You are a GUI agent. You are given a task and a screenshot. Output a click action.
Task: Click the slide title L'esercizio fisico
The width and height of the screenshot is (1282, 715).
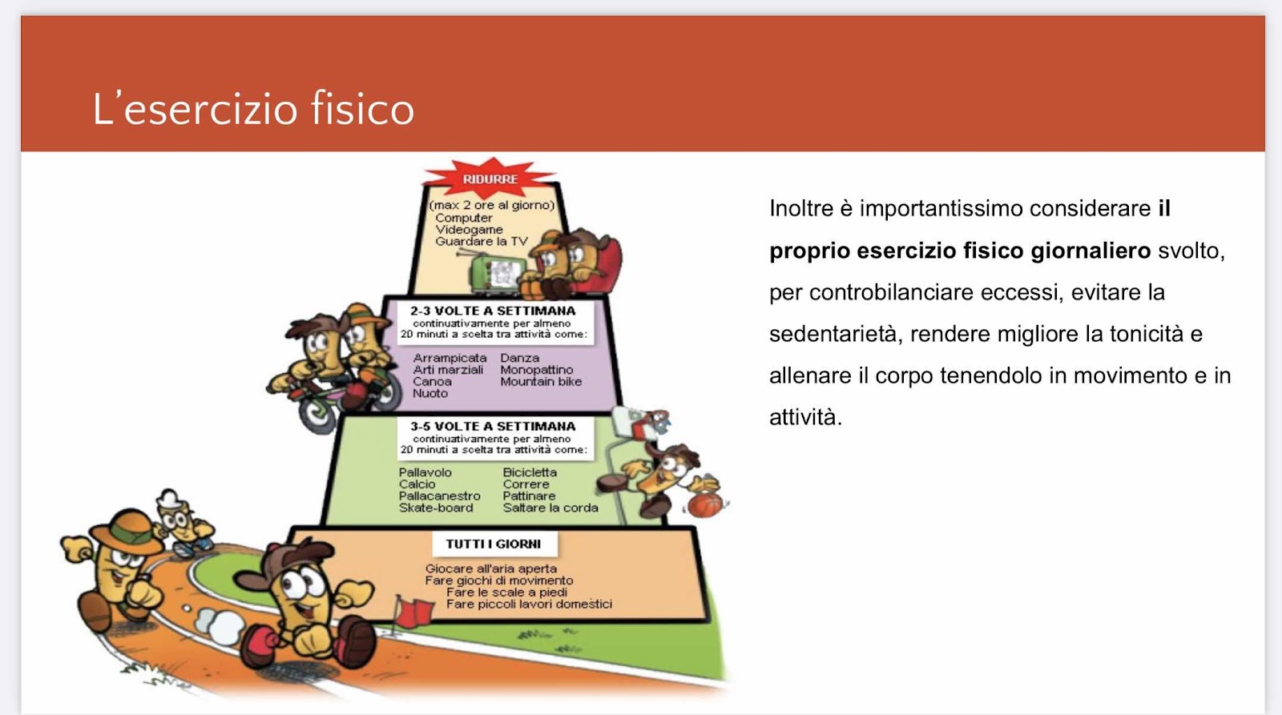pyautogui.click(x=253, y=108)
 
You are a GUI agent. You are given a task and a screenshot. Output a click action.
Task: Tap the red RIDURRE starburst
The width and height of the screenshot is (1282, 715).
pyautogui.click(x=490, y=179)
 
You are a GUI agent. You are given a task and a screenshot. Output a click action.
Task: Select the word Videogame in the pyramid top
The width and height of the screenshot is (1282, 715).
pyautogui.click(x=469, y=230)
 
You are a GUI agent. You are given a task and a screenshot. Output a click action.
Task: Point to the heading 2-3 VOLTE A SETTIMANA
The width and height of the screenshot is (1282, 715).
pyautogui.click(x=493, y=311)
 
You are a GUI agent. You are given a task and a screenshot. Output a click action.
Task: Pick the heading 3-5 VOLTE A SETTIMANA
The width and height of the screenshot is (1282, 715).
pyautogui.click(x=493, y=426)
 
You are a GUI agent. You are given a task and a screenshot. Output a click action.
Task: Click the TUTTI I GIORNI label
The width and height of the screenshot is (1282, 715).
pyautogui.click(x=494, y=544)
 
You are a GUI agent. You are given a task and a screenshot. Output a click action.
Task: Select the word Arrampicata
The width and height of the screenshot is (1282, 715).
pyautogui.click(x=450, y=358)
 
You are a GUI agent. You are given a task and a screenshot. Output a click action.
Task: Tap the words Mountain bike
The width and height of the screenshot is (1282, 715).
pyautogui.click(x=541, y=382)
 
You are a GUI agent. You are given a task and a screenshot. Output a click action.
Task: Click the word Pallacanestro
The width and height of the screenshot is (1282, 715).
pyautogui.click(x=440, y=496)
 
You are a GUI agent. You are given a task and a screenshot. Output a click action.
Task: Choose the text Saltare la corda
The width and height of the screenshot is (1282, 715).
pyautogui.click(x=550, y=508)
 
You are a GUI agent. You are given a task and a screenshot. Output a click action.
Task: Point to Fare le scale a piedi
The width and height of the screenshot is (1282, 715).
pyautogui.click(x=506, y=592)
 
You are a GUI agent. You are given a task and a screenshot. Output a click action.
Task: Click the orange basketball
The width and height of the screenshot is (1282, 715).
pyautogui.click(x=705, y=505)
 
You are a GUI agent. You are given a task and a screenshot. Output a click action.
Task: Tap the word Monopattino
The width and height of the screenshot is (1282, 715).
pyautogui.click(x=536, y=370)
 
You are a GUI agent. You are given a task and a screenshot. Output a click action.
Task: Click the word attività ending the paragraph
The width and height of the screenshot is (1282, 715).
pyautogui.click(x=805, y=418)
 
